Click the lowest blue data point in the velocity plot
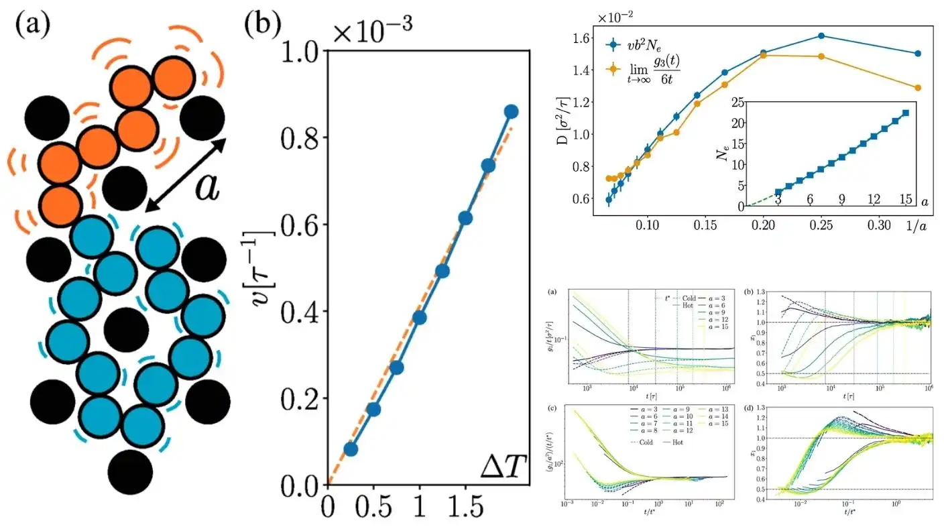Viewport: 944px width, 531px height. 351,449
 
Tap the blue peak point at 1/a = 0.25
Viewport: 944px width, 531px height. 821,36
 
